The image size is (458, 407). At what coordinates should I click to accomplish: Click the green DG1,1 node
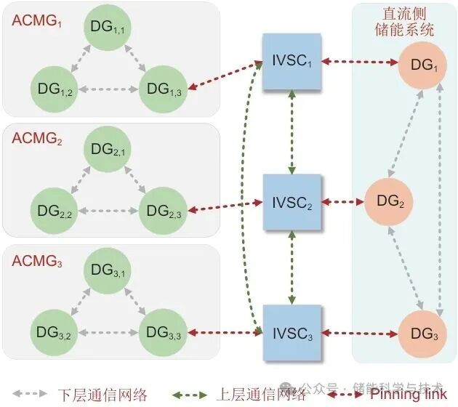click(109, 29)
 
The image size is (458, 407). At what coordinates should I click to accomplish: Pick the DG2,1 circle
click(109, 150)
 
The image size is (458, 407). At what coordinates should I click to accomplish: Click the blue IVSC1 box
click(291, 63)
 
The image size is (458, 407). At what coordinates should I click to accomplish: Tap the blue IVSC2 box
click(291, 201)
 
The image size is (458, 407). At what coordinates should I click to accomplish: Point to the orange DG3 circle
click(423, 333)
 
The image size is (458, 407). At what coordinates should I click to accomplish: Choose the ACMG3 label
click(37, 261)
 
